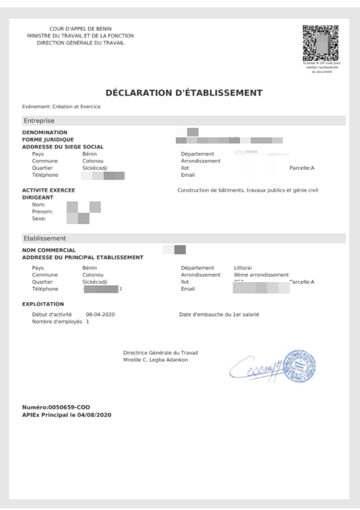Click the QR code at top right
point(321,44)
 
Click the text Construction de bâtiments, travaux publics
point(247,190)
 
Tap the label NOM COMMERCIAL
point(48,250)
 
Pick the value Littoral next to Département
point(243,267)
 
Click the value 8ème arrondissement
point(261,275)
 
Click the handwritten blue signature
point(256,369)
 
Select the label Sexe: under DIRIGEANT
point(39,219)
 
